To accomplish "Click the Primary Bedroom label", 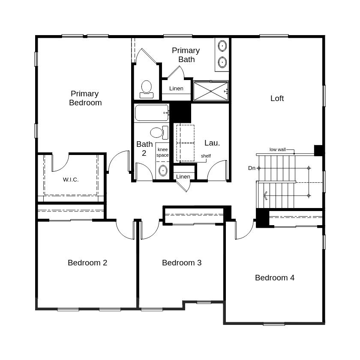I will click(85, 98).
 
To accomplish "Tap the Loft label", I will click(277, 98).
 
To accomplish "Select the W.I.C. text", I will click(71, 180).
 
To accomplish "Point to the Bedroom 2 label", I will click(87, 263).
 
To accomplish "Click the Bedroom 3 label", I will click(182, 263).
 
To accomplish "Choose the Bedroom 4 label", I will click(275, 278).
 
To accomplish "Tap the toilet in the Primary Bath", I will click(147, 89).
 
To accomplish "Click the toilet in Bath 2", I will click(159, 132).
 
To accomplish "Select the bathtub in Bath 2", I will click(152, 113).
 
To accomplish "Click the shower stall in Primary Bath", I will click(210, 91).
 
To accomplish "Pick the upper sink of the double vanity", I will click(222, 46).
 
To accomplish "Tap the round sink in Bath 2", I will click(163, 171).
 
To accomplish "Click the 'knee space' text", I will click(162, 152).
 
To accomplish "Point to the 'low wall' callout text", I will click(277, 150).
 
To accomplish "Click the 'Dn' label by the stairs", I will click(252, 168).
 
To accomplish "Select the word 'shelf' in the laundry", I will click(206, 156).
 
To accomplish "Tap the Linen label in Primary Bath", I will click(176, 89).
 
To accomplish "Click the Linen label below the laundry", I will click(183, 177).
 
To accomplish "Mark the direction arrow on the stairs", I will click(266, 196).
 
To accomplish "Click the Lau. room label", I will click(212, 143).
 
